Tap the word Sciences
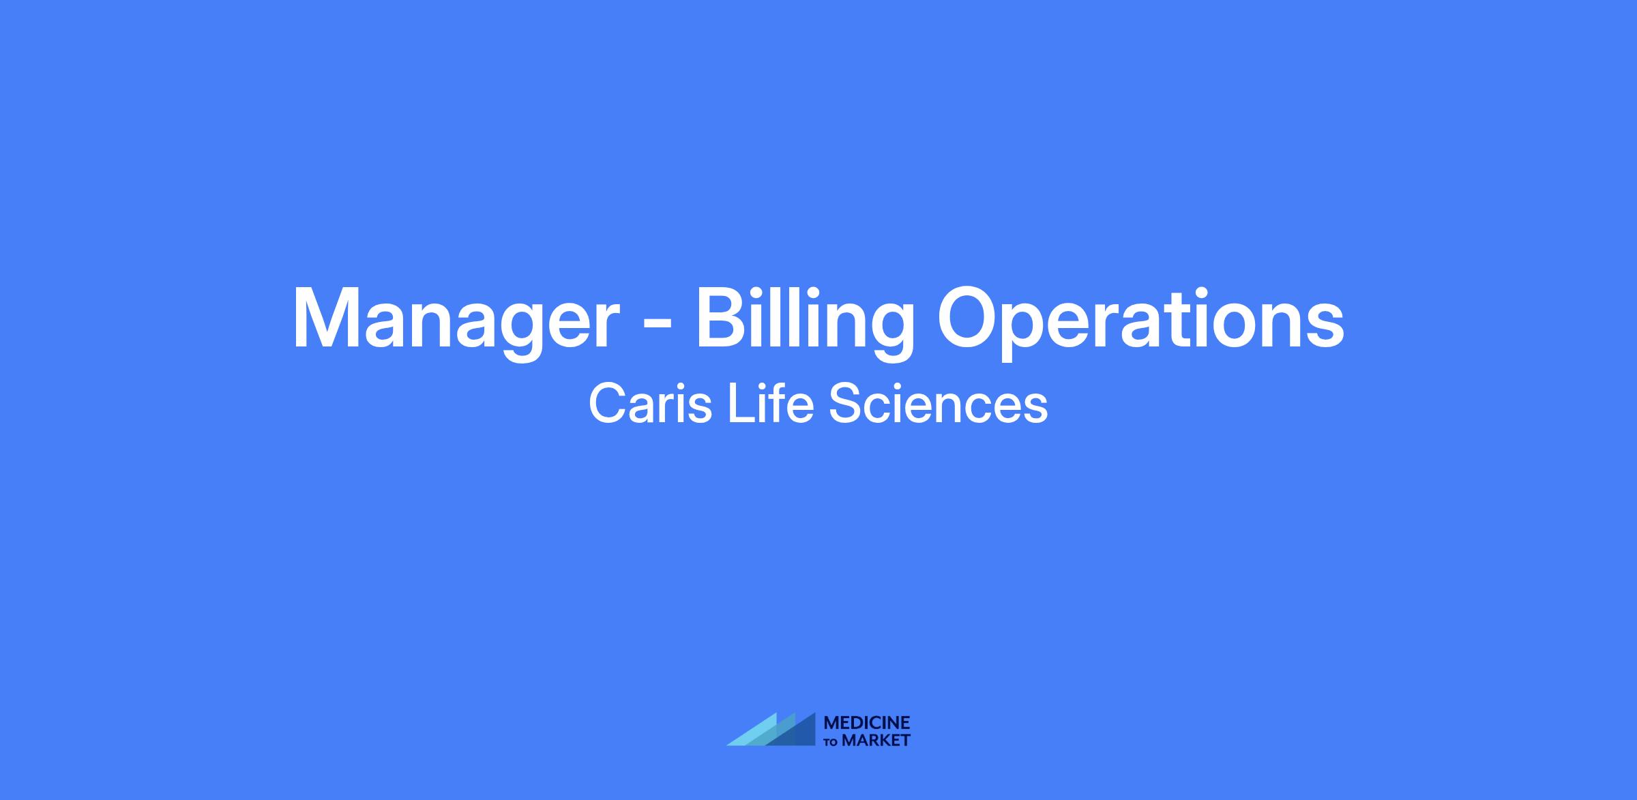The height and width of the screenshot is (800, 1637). (x=939, y=404)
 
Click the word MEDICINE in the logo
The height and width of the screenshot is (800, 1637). (x=867, y=723)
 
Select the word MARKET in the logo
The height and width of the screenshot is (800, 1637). (x=876, y=740)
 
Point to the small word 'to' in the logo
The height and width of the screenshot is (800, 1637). (x=831, y=742)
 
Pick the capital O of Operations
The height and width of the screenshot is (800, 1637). (x=968, y=318)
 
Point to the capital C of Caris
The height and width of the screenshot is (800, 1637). (x=607, y=404)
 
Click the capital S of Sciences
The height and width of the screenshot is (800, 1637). (x=844, y=404)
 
